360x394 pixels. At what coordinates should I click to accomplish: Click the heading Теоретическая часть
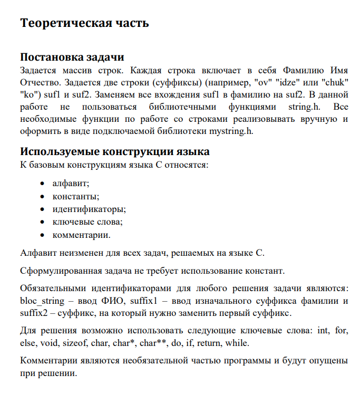click(x=84, y=23)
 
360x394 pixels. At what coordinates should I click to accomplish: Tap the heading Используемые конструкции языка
click(x=114, y=151)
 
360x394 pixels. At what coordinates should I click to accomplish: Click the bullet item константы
click(x=75, y=196)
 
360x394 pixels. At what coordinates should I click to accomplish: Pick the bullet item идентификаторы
click(x=89, y=209)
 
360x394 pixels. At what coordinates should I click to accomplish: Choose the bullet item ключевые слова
click(x=87, y=222)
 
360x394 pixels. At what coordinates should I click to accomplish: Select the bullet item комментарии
click(x=81, y=234)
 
